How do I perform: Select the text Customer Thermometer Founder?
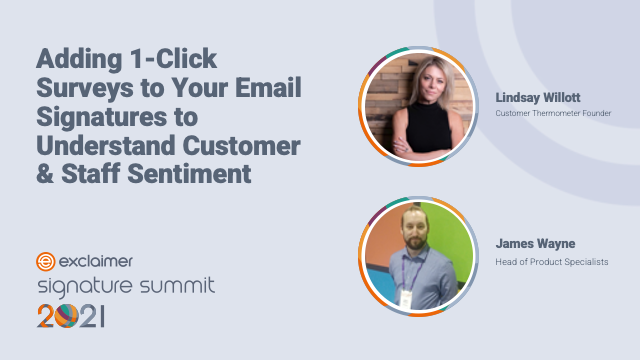(553, 113)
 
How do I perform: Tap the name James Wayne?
(535, 242)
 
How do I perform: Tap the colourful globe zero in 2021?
(64, 317)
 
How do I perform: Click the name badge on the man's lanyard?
(406, 296)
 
